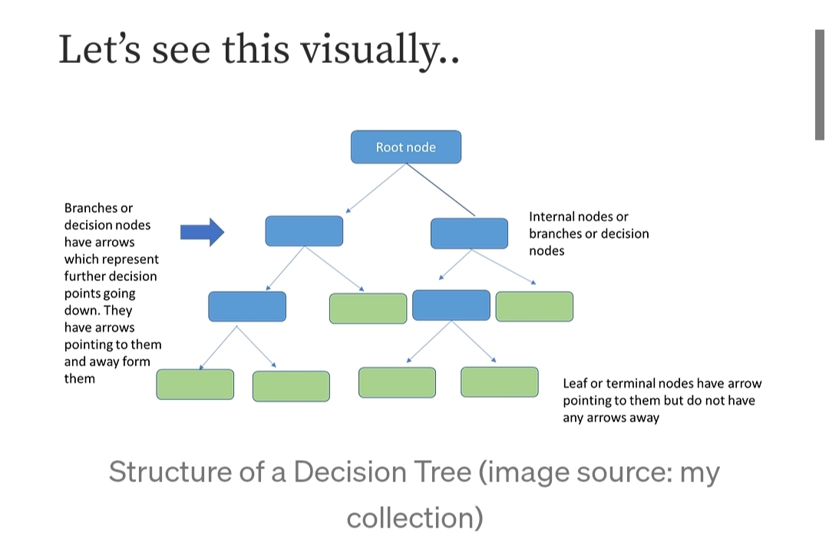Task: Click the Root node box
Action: (x=405, y=147)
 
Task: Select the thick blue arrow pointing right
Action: (x=202, y=232)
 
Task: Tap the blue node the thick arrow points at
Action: (x=304, y=231)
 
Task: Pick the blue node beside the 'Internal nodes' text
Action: (x=469, y=233)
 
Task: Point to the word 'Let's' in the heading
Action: (x=99, y=49)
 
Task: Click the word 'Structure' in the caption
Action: (x=170, y=471)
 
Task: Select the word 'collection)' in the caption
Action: (x=415, y=518)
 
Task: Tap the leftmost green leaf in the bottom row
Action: (x=195, y=385)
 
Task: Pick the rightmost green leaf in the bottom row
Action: (x=500, y=382)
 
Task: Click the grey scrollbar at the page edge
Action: (x=820, y=84)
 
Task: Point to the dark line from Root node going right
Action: (x=441, y=190)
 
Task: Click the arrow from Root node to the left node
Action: (x=376, y=188)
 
